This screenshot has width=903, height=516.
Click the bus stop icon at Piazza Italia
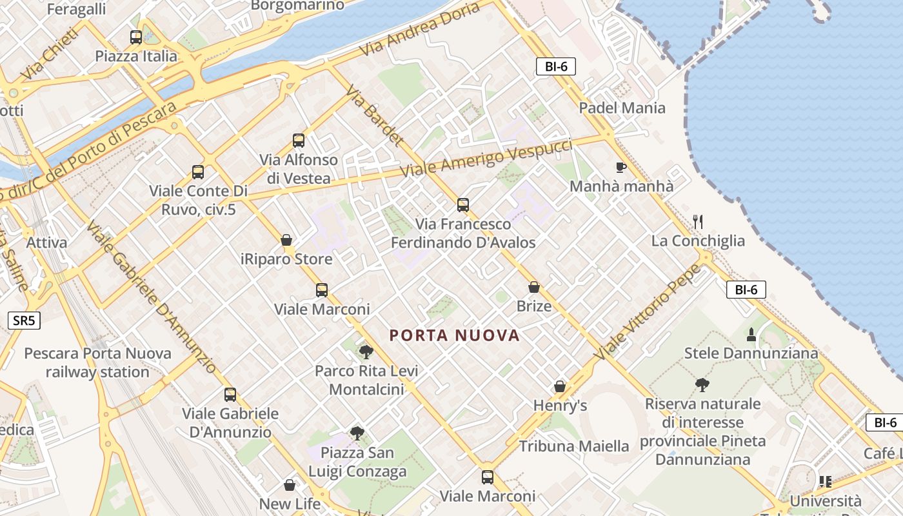tap(135, 37)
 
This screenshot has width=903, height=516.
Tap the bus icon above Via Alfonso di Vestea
tap(298, 141)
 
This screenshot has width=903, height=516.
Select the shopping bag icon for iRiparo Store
tap(286, 241)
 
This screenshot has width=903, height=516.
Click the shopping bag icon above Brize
tap(533, 287)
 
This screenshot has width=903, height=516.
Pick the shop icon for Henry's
tap(559, 387)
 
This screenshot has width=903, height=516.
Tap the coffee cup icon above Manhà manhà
tap(620, 168)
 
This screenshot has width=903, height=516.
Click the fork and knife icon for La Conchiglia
tap(697, 222)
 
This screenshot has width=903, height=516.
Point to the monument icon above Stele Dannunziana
tap(751, 335)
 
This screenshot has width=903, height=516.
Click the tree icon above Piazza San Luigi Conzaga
tap(357, 433)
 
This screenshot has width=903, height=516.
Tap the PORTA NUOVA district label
tap(455, 335)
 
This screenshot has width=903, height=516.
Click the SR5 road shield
tap(25, 321)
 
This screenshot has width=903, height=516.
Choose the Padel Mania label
tap(622, 108)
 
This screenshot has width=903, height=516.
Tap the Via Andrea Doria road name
tap(420, 29)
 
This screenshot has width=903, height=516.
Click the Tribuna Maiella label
tap(574, 446)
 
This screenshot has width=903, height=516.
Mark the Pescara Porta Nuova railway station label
tap(97, 362)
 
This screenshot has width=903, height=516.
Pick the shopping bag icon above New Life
tap(290, 485)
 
